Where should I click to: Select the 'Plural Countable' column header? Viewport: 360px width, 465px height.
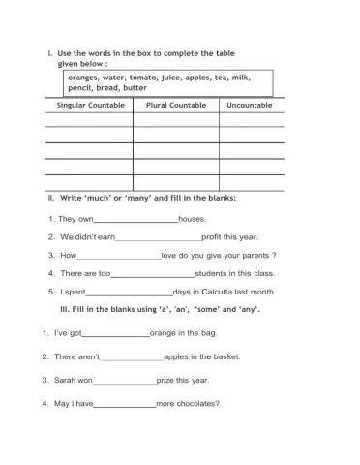[175, 105]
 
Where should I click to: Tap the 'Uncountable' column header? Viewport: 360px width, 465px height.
[251, 105]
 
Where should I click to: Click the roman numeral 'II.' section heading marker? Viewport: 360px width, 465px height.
[51, 198]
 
